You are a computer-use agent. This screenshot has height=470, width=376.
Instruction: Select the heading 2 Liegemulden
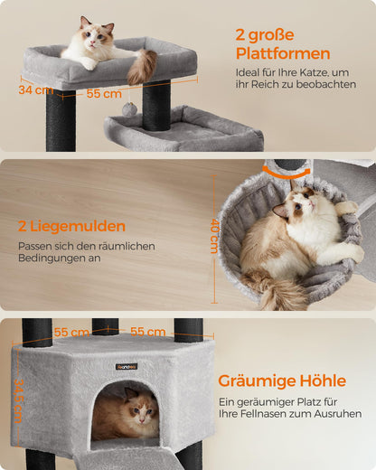pos(71,226)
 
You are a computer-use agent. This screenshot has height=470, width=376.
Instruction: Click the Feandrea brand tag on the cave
pos(125,366)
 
